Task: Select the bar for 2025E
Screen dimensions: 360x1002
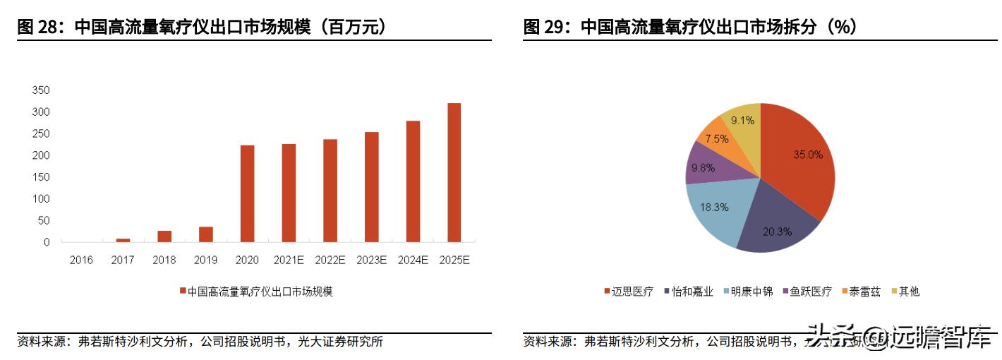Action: coord(454,173)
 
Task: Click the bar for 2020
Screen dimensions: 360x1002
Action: coord(247,194)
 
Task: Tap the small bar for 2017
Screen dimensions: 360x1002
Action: coord(123,240)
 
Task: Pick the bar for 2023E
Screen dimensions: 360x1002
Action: coord(371,187)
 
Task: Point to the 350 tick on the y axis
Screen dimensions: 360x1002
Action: coord(41,90)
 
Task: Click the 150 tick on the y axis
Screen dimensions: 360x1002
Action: coord(41,177)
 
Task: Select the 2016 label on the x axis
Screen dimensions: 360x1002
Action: coord(81,260)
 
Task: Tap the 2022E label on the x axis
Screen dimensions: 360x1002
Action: coord(330,260)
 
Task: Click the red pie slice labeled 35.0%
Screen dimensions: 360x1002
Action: coord(797,162)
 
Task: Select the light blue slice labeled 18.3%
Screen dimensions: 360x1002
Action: coord(716,208)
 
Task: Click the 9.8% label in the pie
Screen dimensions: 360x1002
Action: coord(703,167)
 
